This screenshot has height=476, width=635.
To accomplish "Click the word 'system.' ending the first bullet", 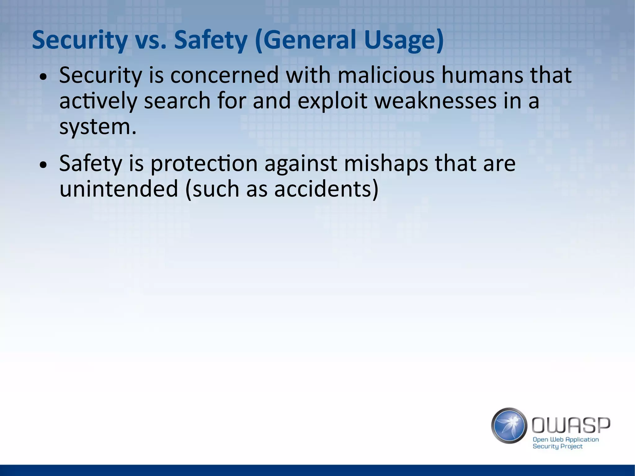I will tap(98, 127).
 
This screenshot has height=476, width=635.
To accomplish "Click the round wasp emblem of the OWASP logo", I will tap(509, 425).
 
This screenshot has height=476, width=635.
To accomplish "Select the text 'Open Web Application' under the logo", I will tap(566, 439).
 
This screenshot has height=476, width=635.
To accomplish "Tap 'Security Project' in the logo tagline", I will tap(557, 446).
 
